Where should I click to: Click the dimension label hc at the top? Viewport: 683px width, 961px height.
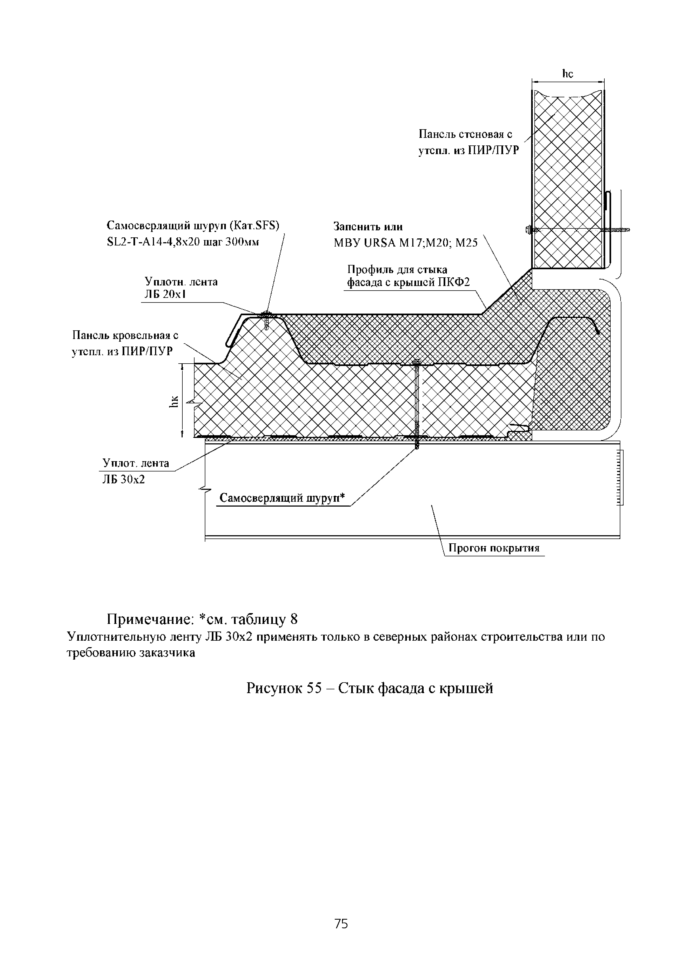(567, 74)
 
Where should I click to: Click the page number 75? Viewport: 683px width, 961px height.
(341, 923)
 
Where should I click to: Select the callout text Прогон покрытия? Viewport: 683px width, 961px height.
(494, 548)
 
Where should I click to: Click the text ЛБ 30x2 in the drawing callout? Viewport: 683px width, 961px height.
(124, 479)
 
